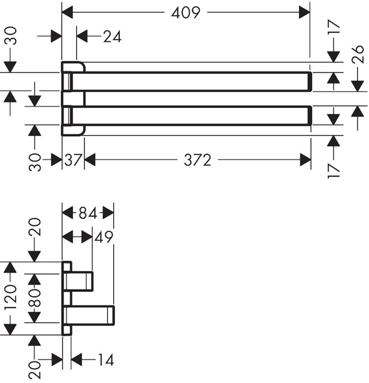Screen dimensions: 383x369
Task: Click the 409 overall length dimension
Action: (x=185, y=11)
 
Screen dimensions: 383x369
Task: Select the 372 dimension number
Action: (x=197, y=160)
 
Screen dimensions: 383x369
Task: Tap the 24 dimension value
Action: (x=111, y=37)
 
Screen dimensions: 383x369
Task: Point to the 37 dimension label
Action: (x=73, y=160)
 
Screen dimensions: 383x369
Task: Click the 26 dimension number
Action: (x=358, y=58)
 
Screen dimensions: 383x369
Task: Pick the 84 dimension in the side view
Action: (x=88, y=213)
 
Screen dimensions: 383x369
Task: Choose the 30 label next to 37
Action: (x=36, y=162)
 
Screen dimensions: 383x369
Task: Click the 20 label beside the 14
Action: (x=36, y=367)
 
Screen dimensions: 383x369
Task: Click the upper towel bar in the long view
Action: (x=192, y=82)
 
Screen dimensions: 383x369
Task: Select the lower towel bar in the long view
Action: (x=192, y=115)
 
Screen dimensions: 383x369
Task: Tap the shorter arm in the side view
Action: (x=80, y=280)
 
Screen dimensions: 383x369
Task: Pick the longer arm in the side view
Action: (x=90, y=314)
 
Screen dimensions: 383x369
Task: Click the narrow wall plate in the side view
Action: (x=66, y=298)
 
